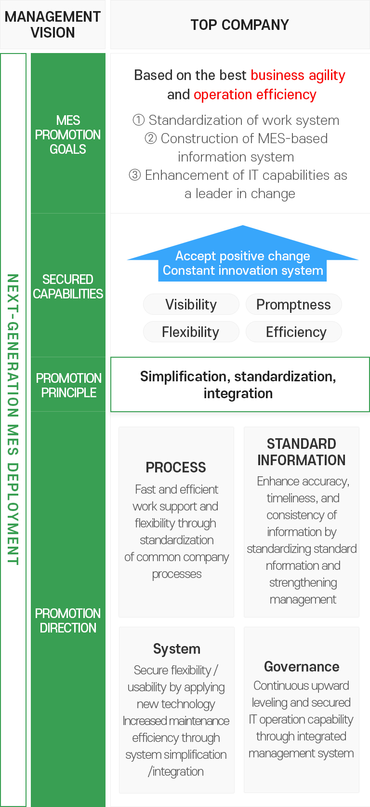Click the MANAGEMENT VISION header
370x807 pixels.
[53, 25]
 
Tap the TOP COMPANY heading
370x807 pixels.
[240, 25]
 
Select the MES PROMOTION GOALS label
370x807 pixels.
[68, 134]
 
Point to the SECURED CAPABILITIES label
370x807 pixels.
[68, 286]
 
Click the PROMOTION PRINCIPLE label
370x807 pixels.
[69, 385]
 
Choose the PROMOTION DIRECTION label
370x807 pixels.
[68, 620]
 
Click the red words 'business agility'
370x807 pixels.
[298, 75]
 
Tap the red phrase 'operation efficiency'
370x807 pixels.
[255, 94]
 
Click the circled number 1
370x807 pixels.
[139, 120]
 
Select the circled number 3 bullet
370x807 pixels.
[134, 175]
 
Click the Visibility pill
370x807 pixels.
[191, 304]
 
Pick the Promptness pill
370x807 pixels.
[294, 304]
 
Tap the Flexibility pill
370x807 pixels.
[191, 332]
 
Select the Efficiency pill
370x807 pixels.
[294, 332]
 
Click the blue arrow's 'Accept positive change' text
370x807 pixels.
[243, 256]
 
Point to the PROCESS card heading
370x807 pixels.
[176, 467]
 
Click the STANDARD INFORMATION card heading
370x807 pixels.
[302, 452]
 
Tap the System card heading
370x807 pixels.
[177, 649]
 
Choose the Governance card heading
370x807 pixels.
[302, 667]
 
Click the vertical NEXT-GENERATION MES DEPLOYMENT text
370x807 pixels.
[13, 419]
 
